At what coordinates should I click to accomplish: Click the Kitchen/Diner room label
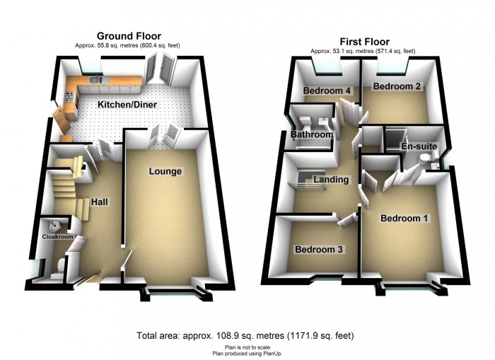(x=127, y=105)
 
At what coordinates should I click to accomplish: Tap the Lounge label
(x=165, y=171)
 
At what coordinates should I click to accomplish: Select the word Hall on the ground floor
(x=100, y=202)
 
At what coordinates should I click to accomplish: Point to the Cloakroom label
(x=58, y=236)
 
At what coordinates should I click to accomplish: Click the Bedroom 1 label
(x=404, y=219)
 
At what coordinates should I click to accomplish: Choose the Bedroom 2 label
(x=397, y=86)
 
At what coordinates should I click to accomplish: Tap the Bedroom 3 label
(x=318, y=250)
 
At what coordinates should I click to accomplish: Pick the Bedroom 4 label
(x=327, y=91)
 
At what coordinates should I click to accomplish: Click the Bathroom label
(x=312, y=134)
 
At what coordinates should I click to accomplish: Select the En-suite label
(x=419, y=146)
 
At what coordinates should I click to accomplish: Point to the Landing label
(x=331, y=180)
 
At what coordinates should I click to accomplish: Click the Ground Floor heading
(x=129, y=36)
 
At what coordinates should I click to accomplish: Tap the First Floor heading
(x=365, y=42)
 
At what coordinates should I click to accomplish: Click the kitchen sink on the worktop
(x=95, y=79)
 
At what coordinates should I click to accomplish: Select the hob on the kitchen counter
(x=70, y=97)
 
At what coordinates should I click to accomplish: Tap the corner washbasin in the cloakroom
(x=54, y=226)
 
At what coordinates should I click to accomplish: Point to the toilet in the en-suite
(x=425, y=158)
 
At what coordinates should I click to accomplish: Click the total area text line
(x=245, y=335)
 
